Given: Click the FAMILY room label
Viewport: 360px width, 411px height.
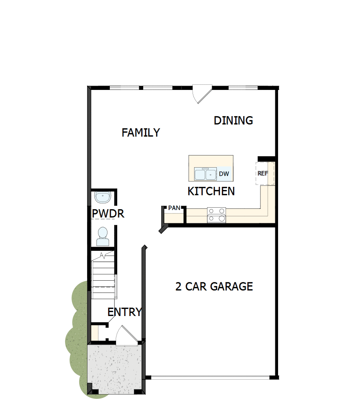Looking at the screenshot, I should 141,133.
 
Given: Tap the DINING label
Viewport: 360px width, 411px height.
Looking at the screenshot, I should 233,121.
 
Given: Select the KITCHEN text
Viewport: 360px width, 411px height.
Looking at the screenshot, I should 211,191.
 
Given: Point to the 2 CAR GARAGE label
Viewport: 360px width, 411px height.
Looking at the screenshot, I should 214,287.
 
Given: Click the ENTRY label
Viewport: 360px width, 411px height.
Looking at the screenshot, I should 124,312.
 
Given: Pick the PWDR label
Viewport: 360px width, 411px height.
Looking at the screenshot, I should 108,214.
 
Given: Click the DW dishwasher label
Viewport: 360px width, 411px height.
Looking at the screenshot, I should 224,174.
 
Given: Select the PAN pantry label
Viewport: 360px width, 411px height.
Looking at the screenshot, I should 174,208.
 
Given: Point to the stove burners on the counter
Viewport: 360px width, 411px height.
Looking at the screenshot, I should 217,215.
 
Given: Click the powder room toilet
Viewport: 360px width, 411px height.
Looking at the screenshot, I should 103,235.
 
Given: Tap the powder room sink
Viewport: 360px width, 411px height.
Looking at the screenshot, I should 103,196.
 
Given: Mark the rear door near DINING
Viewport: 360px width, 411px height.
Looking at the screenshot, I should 202,94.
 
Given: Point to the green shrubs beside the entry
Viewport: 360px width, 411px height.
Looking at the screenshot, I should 77,338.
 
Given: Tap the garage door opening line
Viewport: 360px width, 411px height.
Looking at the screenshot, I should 210,378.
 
